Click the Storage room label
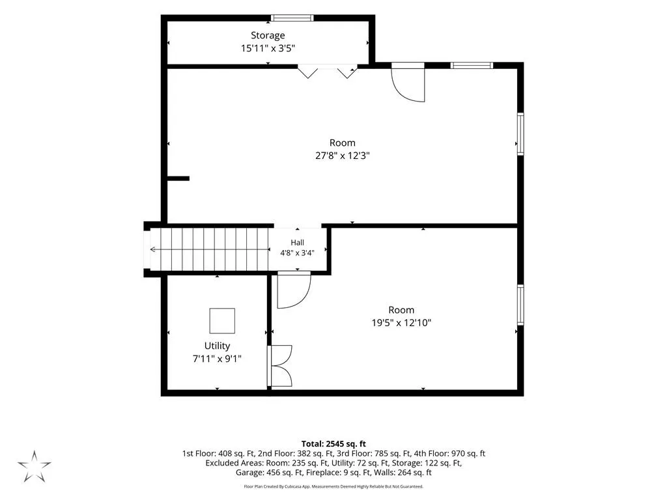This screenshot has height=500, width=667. (x=268, y=36)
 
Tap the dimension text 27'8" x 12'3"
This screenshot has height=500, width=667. (x=343, y=156)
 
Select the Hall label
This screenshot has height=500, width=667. (x=297, y=242)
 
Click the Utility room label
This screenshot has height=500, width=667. (x=217, y=346)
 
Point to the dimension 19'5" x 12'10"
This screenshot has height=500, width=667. (x=401, y=323)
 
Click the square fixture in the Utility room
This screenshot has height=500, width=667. (x=222, y=320)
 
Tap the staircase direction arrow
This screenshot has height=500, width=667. (x=209, y=249)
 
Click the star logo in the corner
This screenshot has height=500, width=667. (x=34, y=466)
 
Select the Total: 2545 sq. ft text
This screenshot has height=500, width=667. (x=333, y=444)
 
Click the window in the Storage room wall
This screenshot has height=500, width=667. (x=292, y=18)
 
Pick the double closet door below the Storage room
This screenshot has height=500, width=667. (x=327, y=72)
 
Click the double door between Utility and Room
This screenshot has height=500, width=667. (x=279, y=366)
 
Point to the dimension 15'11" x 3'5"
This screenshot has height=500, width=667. (x=268, y=48)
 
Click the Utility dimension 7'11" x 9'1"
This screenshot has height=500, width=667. (x=217, y=359)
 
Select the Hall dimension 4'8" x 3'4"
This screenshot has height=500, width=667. (x=297, y=253)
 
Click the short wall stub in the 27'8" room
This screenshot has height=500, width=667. (x=178, y=178)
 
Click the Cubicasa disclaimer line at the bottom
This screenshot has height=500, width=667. (x=333, y=486)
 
